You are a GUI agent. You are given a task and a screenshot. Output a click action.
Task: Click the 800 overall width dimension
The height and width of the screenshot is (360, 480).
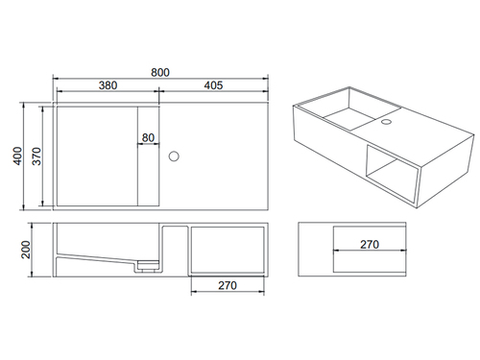[x=160, y=72]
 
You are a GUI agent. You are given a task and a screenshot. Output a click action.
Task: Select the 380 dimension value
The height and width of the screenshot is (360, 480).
[x=108, y=85]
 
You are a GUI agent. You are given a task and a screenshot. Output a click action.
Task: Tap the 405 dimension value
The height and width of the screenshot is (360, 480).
[x=213, y=85]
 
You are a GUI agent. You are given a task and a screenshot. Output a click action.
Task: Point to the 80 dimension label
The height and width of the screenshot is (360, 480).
[x=148, y=137]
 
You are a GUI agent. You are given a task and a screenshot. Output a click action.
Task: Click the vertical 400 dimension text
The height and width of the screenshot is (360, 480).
[x=17, y=156]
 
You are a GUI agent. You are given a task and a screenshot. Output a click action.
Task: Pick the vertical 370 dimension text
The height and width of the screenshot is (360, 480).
[x=36, y=156]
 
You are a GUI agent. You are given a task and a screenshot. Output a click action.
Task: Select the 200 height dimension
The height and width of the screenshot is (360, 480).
[x=25, y=250]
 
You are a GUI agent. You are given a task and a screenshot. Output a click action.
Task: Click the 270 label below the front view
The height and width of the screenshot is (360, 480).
[x=228, y=285]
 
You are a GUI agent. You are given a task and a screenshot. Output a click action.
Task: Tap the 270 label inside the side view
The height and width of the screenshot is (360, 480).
[x=370, y=245]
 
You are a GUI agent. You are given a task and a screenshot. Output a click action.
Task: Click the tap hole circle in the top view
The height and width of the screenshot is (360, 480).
[x=174, y=156]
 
